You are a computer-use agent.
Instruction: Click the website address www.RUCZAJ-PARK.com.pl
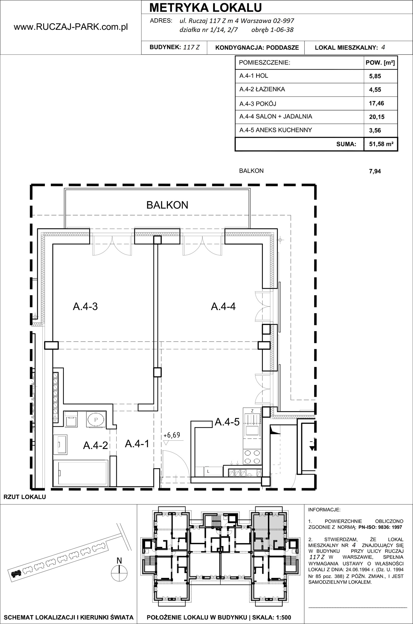(x=71, y=27)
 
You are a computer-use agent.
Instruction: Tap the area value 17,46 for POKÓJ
(x=376, y=103)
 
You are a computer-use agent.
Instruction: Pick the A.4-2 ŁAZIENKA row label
(x=262, y=89)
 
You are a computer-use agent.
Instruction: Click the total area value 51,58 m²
(x=381, y=144)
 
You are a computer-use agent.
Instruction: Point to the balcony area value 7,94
(x=375, y=171)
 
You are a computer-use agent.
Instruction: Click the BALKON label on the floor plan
(x=167, y=205)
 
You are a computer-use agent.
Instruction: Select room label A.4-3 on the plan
(x=85, y=306)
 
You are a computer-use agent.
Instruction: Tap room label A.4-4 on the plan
(x=223, y=306)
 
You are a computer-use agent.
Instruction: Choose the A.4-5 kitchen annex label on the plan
(x=227, y=422)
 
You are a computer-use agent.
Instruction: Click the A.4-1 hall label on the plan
(x=137, y=444)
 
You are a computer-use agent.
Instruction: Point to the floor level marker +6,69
(x=172, y=435)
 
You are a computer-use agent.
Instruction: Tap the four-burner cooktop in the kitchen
(x=252, y=457)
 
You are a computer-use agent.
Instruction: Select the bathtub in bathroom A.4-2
(x=81, y=473)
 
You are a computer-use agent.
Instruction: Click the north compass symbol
(x=119, y=573)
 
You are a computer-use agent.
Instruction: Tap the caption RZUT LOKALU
(x=25, y=497)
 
